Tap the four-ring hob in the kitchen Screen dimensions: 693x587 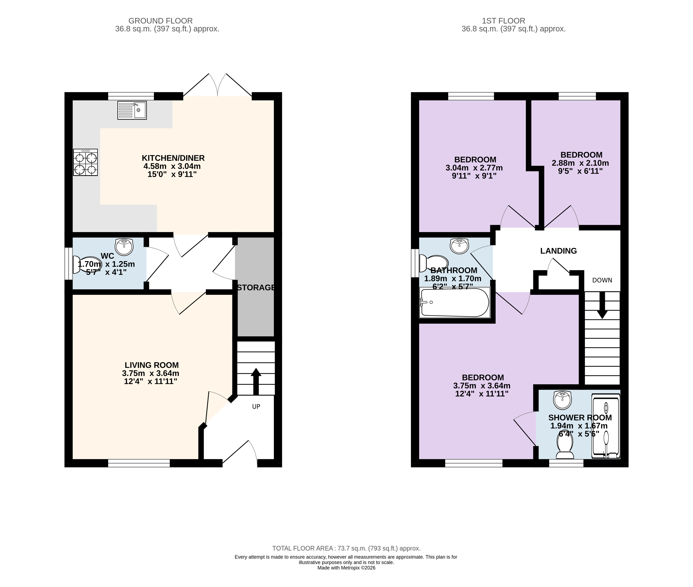[x=86, y=162]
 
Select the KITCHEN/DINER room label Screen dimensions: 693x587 [x=173, y=158]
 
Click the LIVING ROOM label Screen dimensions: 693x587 [x=152, y=365]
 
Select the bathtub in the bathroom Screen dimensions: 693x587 [x=455, y=302]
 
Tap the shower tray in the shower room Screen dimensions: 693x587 [x=606, y=426]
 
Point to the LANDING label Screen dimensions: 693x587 [x=558, y=251]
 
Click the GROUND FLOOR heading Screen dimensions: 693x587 [x=160, y=21]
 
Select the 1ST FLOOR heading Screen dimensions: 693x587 [x=503, y=21]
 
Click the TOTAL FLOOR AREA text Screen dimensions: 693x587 [x=346, y=548]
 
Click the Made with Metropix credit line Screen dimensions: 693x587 [x=346, y=568]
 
